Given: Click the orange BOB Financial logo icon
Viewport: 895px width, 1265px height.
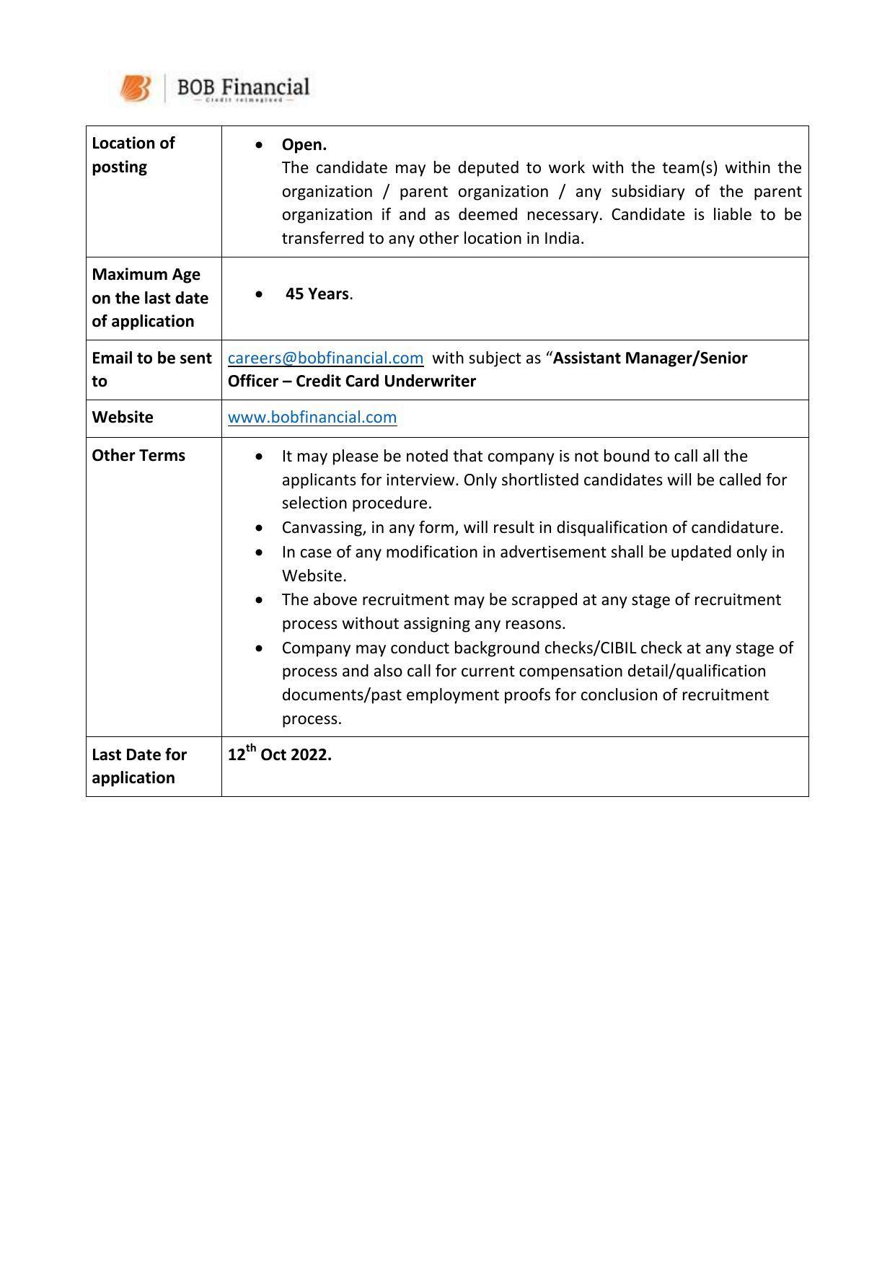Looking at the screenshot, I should [136, 89].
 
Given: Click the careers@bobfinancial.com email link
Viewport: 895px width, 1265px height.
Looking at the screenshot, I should [325, 358].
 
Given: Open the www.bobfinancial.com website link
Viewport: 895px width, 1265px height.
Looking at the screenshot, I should [312, 417].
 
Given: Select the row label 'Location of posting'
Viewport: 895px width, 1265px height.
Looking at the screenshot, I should [133, 154].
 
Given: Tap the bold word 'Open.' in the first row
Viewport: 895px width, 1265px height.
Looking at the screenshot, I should [304, 144].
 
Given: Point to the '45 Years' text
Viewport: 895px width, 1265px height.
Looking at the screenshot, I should [317, 294].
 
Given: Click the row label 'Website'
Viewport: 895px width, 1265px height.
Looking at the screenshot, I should [123, 417].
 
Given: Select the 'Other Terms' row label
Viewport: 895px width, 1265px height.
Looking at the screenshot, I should [138, 455].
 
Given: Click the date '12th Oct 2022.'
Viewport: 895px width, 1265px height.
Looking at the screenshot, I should [279, 754].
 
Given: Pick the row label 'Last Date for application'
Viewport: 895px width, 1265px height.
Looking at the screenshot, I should [138, 766].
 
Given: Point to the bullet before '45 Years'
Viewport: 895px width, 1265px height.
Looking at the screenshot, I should [259, 294].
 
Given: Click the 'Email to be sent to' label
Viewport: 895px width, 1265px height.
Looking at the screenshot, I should [151, 369].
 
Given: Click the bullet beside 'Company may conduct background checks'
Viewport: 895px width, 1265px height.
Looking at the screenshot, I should [259, 648].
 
